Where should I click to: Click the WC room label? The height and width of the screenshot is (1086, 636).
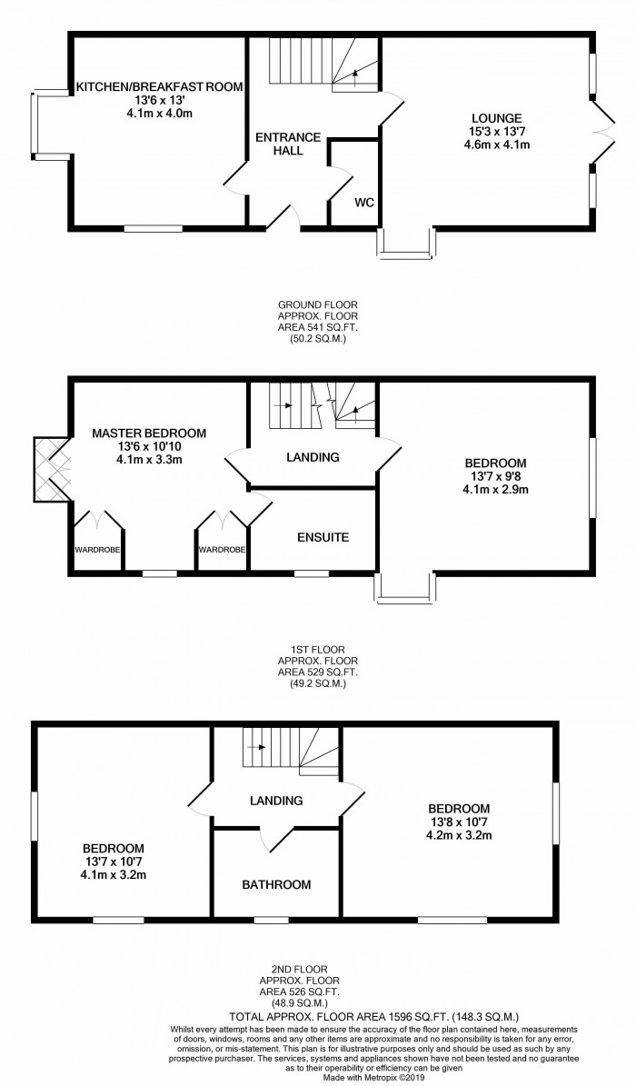coord(364,203)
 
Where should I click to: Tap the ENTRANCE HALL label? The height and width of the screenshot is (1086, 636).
coord(288,144)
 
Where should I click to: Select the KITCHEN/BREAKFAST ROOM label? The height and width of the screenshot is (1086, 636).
coord(159,86)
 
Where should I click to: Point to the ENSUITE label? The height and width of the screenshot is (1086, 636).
coord(323,537)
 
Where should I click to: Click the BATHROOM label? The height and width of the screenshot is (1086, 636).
coord(276,884)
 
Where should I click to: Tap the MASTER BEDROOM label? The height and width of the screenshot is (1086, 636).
coord(149,433)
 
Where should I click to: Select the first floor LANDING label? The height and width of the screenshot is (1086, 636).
coord(313,457)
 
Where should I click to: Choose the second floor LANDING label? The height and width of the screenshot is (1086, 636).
coord(276,801)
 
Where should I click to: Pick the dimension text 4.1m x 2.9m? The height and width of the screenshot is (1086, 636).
coord(495,490)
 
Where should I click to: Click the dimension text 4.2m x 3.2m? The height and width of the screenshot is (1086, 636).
coord(459,834)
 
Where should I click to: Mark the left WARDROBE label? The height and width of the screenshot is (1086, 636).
coord(98,550)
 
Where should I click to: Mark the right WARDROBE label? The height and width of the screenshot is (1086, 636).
coord(222,550)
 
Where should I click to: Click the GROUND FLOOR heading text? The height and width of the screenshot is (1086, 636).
coord(318,304)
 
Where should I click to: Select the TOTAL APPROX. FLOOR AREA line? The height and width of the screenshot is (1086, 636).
coord(374,1017)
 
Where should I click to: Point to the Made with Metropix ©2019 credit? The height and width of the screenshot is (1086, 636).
coord(374,1078)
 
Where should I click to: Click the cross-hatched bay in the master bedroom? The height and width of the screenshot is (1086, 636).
coord(51,469)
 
